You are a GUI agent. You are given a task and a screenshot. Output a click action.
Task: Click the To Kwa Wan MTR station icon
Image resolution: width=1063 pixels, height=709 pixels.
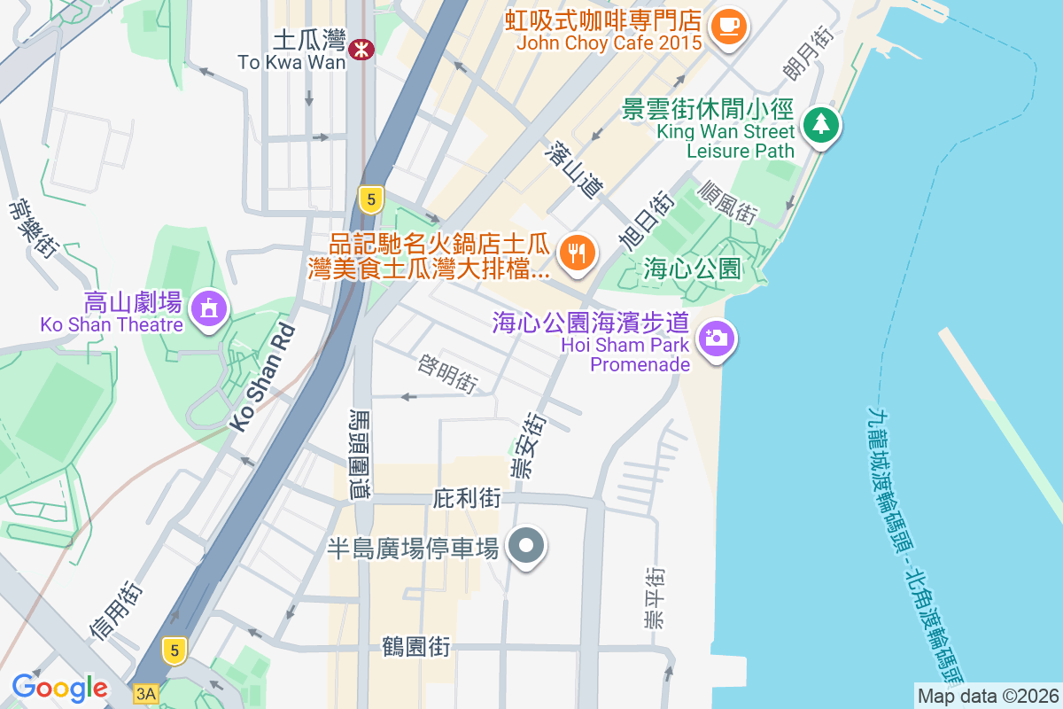(361, 50)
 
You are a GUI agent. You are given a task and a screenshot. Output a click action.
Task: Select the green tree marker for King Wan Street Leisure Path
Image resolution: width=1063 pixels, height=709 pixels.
(821, 125)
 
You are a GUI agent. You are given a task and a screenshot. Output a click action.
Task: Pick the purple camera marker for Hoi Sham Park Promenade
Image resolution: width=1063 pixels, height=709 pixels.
(717, 338)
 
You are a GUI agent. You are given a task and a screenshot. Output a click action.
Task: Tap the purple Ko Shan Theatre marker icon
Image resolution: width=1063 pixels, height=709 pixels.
(209, 308)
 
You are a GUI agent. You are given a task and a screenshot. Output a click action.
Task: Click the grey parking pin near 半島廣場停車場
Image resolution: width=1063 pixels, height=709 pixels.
(527, 546)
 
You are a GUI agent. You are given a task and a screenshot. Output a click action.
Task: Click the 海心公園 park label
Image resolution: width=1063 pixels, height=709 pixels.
(692, 269)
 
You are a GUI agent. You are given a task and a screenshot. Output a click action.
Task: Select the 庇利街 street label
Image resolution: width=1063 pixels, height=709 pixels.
(468, 499)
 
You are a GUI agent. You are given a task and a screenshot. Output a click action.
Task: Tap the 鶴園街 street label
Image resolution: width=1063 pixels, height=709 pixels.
(416, 647)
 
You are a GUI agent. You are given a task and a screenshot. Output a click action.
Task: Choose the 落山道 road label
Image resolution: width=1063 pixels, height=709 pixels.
(576, 169)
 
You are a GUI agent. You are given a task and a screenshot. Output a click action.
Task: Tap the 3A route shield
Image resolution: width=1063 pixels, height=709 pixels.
(145, 694)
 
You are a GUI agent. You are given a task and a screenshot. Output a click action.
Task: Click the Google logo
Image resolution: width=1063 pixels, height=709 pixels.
(59, 688)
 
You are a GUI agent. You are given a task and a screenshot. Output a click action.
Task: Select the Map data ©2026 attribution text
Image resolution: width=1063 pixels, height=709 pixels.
(988, 696)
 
